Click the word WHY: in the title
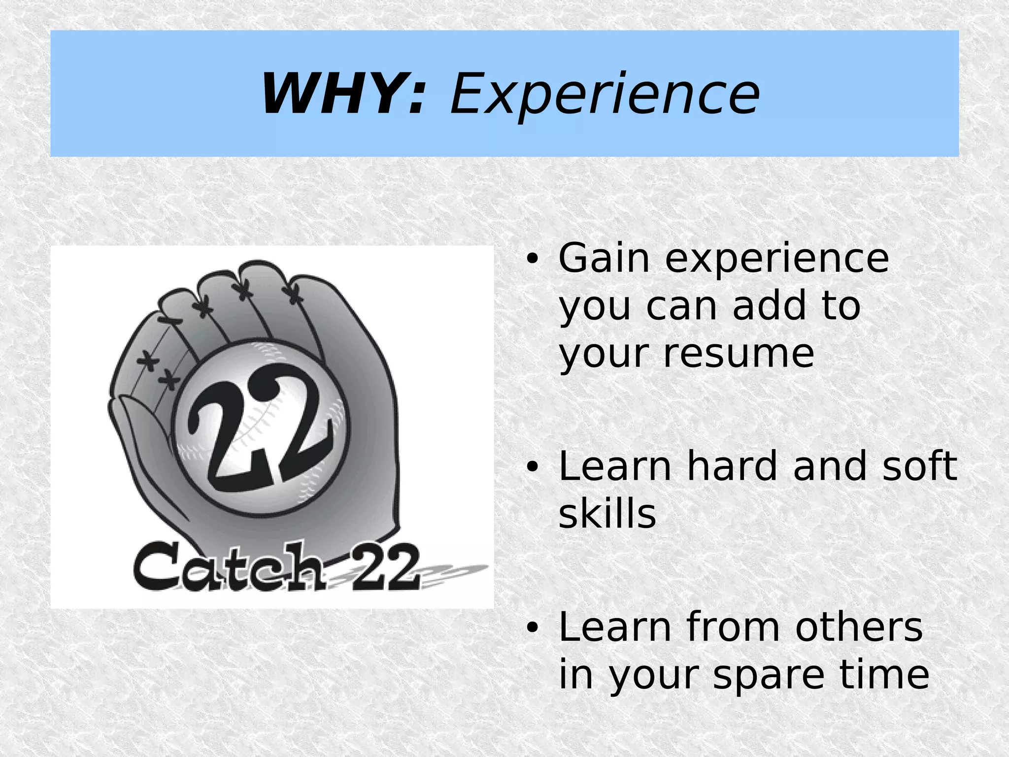click(343, 94)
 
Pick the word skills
click(607, 514)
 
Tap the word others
click(859, 627)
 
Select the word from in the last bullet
click(734, 627)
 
